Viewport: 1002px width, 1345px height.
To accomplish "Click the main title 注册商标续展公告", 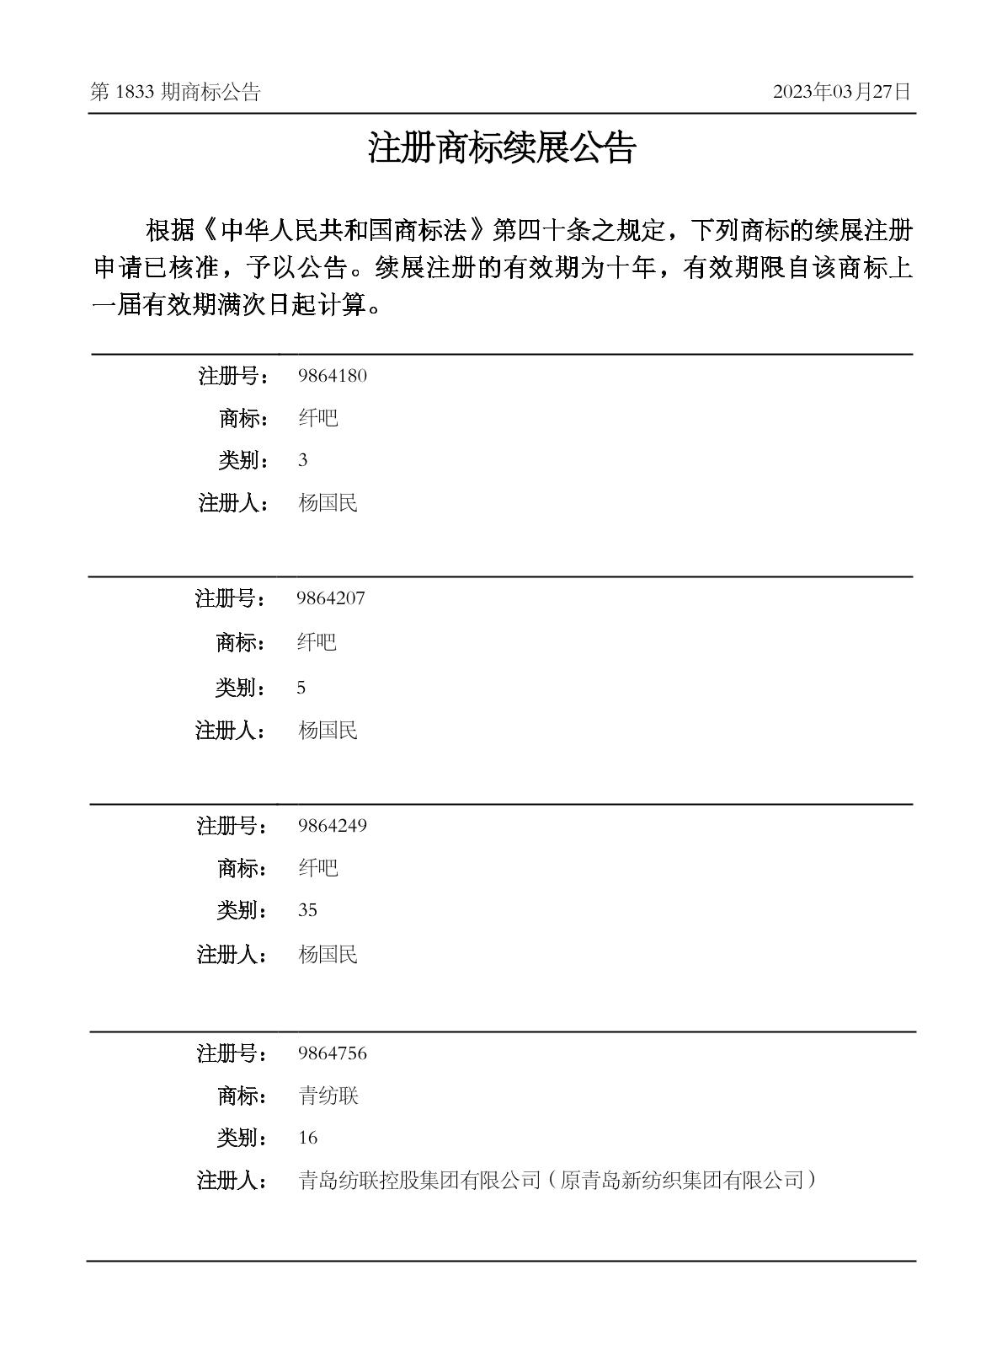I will click(x=501, y=148).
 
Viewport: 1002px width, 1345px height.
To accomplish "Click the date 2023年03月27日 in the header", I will click(x=841, y=92).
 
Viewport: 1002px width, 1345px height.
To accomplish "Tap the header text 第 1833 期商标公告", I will click(x=175, y=92).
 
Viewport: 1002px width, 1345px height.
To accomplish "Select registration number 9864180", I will click(x=332, y=376).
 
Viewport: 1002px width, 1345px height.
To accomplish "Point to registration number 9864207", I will click(x=330, y=598).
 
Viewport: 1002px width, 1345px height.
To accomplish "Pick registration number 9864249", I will click(x=332, y=826).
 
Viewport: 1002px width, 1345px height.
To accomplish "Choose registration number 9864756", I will click(x=332, y=1053).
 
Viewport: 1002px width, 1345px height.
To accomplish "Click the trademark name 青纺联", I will click(x=328, y=1096).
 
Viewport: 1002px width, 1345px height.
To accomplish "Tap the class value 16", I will click(x=307, y=1138).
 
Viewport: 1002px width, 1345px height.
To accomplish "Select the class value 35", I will click(x=307, y=910).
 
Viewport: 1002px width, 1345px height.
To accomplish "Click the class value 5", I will click(x=301, y=688).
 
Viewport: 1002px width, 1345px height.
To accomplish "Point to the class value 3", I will click(x=302, y=460).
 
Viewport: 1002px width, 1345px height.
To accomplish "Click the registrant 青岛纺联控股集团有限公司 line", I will click(x=557, y=1181).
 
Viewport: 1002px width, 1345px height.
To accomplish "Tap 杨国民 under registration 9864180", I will click(x=328, y=503).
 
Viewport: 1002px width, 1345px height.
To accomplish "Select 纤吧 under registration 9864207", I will click(x=317, y=642).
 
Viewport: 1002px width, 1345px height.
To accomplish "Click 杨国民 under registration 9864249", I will click(x=328, y=954).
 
